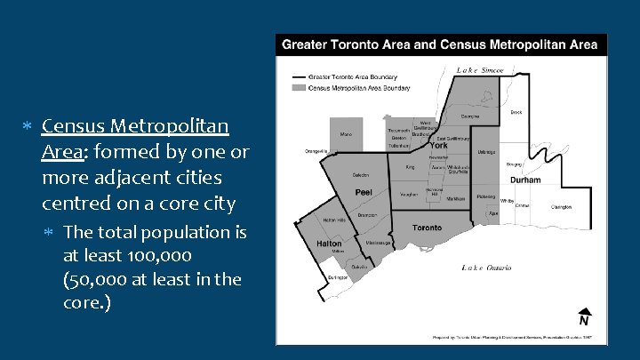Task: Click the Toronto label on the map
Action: (x=427, y=228)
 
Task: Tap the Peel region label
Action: (x=364, y=191)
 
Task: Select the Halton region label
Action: (x=329, y=243)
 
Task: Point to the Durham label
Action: (x=525, y=180)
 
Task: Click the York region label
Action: (x=438, y=146)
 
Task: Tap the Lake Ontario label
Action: (x=486, y=267)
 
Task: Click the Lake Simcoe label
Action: (x=480, y=70)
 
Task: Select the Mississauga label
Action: (x=379, y=242)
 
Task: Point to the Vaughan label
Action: (x=409, y=194)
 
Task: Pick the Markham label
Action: (x=455, y=199)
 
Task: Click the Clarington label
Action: (x=561, y=206)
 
